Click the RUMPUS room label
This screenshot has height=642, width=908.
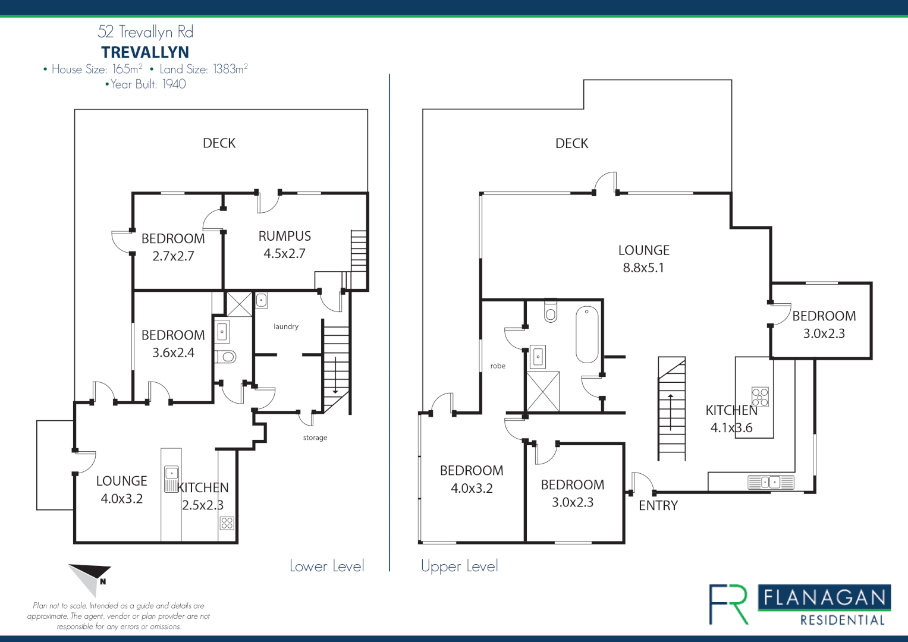pos(284,236)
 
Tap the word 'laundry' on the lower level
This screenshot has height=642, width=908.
pos(286,326)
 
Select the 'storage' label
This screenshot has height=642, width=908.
pos(315,438)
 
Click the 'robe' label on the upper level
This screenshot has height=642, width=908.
pos(498,366)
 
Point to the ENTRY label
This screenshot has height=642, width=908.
pos(658,505)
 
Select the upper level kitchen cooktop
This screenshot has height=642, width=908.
pos(760,396)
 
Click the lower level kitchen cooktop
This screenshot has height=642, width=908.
pos(227,523)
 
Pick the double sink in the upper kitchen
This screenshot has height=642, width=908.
pos(770,481)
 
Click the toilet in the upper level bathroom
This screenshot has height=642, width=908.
pos(551,310)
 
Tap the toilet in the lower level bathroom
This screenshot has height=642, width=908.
pos(226,357)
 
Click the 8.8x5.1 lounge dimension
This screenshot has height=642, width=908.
pos(643,267)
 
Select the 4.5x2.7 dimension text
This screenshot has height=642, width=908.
pos(284,253)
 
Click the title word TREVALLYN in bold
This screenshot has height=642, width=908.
pos(145,52)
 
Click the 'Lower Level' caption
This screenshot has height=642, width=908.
pos(326,566)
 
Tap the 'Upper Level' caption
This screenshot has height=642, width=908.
pos(459,566)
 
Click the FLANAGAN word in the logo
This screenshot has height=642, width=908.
pos(824,597)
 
